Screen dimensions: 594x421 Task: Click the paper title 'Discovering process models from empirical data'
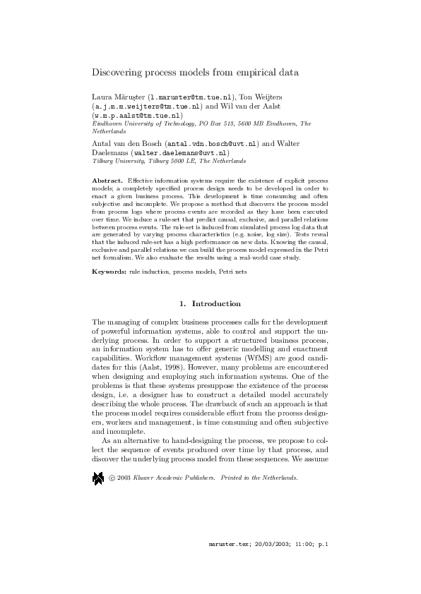coord(196,72)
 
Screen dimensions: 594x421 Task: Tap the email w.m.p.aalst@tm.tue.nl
coord(137,115)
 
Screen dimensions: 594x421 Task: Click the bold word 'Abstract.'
coord(108,181)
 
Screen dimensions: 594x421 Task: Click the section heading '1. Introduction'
coord(210,304)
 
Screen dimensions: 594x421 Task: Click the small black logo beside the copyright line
coord(97,478)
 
